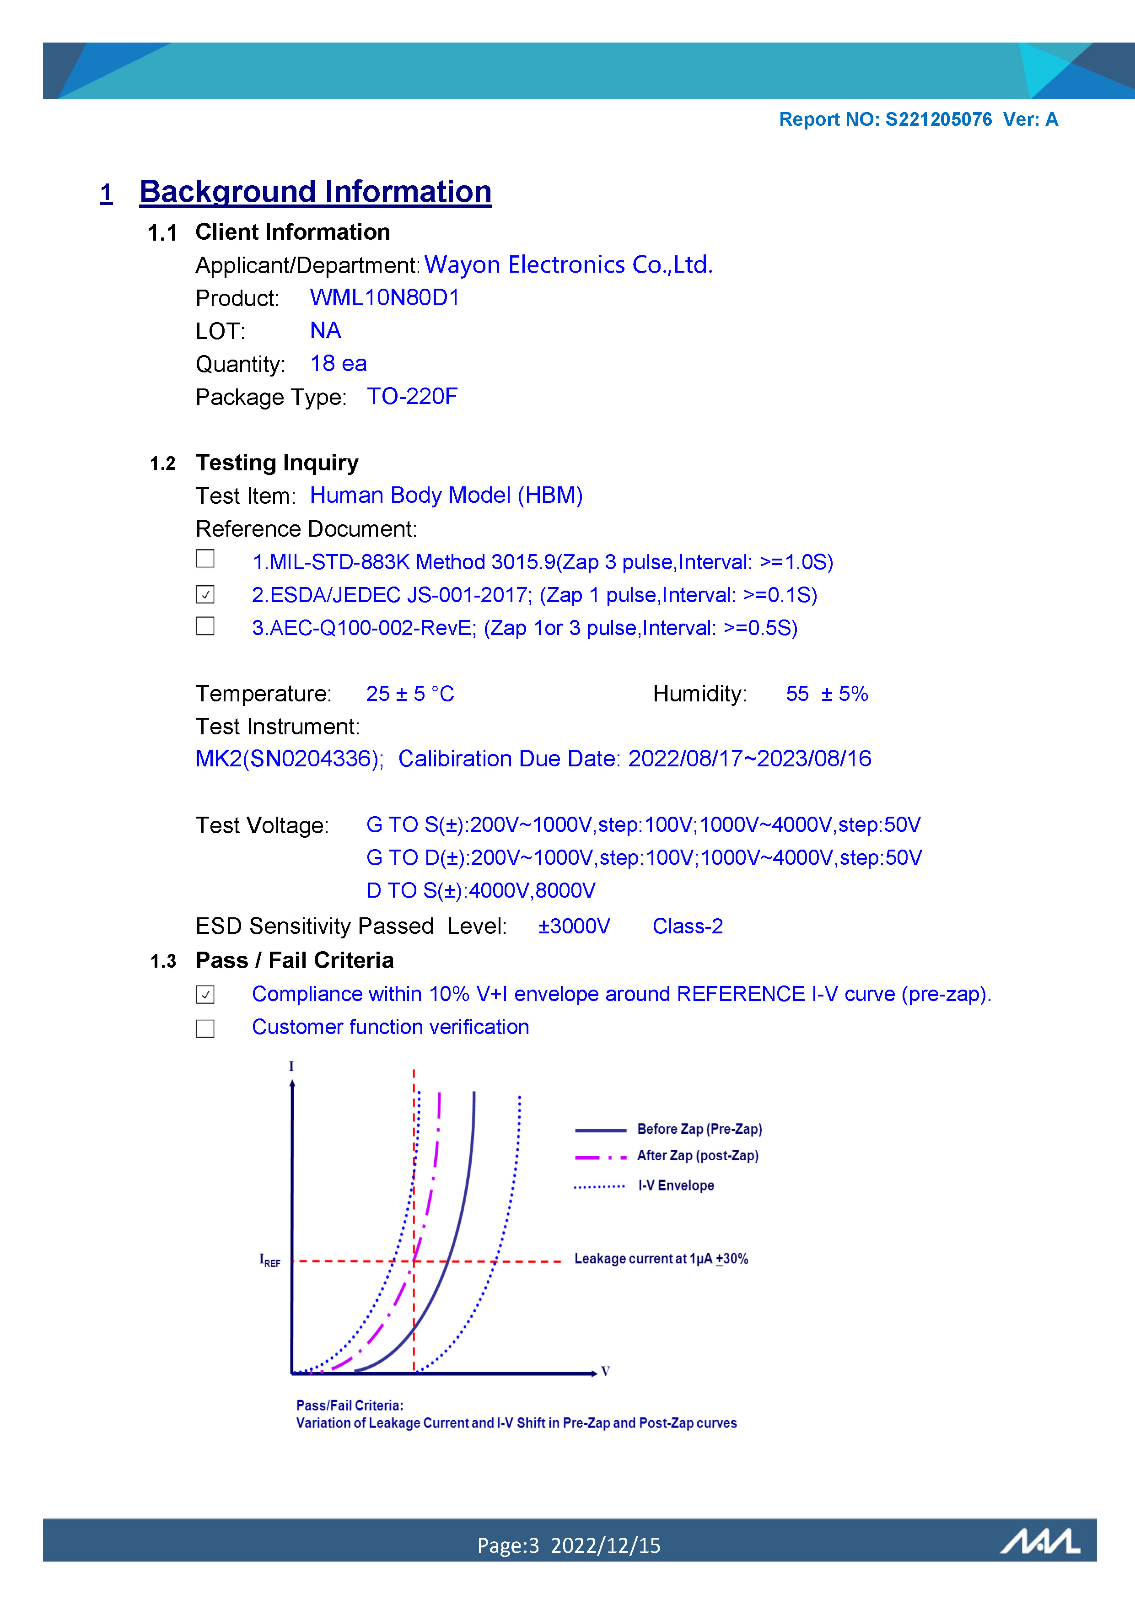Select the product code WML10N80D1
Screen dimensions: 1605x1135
point(384,298)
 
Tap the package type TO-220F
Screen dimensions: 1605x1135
point(412,396)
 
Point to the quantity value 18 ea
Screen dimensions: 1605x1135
point(338,363)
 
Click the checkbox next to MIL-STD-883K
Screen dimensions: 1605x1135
point(205,559)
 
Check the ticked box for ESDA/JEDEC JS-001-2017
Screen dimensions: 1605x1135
point(205,594)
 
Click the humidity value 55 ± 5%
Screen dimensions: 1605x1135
point(826,694)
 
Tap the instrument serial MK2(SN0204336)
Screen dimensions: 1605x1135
point(289,759)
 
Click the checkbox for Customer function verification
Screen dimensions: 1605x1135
point(205,1029)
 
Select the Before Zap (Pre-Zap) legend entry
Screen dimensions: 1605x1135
point(699,1129)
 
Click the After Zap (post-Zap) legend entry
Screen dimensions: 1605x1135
point(697,1156)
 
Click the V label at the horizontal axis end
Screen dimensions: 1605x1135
point(605,1372)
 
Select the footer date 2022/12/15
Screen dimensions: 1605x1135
point(605,1546)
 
